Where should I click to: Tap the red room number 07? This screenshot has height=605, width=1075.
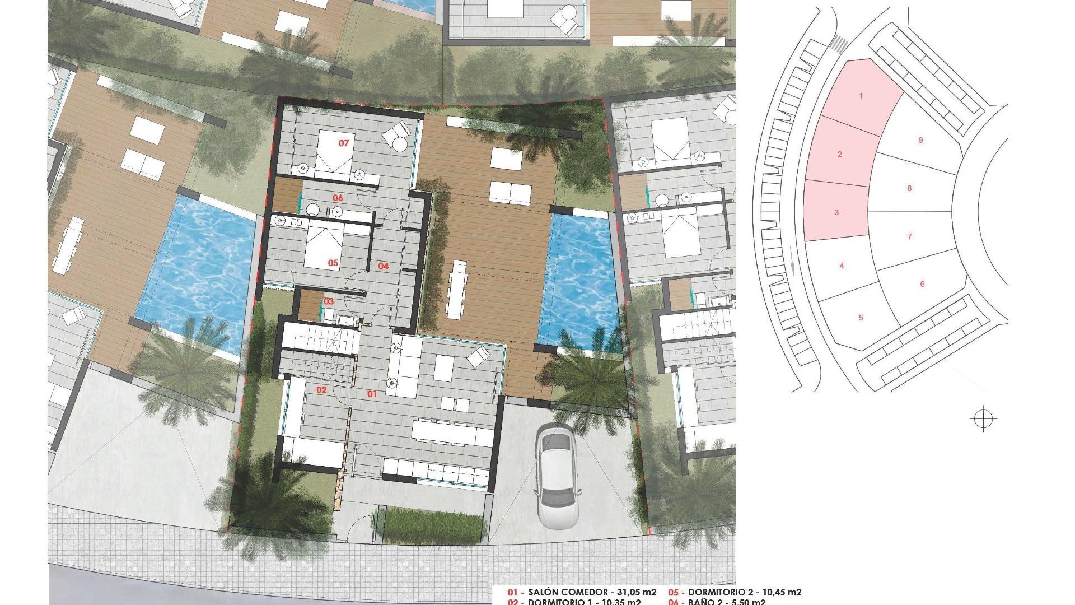tap(344, 143)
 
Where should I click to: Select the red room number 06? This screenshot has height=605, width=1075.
tap(338, 198)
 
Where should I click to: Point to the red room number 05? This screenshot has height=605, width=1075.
tap(333, 263)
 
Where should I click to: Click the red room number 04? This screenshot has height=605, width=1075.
tap(383, 266)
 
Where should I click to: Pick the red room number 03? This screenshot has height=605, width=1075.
tap(329, 302)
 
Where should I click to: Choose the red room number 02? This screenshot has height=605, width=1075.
tap(321, 390)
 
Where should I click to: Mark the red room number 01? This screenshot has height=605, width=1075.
tap(372, 394)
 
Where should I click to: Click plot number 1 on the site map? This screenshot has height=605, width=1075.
tap(861, 96)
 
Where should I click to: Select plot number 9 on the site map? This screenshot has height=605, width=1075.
tap(920, 140)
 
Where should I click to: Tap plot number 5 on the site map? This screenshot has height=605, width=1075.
tap(861, 318)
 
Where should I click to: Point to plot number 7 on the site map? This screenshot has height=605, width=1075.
tap(910, 236)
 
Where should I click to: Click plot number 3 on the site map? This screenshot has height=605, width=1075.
tap(836, 212)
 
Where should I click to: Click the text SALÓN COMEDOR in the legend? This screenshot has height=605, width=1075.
tap(568, 592)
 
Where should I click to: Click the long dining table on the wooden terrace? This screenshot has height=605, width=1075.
tap(457, 288)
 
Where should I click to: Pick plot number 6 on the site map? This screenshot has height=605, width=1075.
tap(923, 284)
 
